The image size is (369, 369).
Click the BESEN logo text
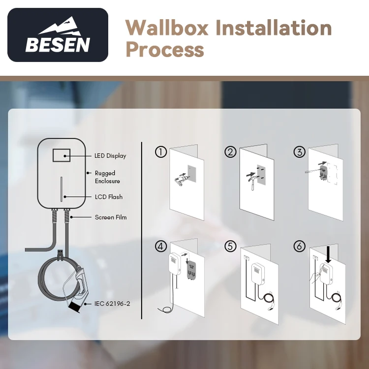coord(58,45)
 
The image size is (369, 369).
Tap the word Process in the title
coord(164,49)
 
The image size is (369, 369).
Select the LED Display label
coord(110,156)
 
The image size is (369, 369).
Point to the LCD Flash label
coord(108,197)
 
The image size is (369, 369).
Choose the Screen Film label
coord(110,217)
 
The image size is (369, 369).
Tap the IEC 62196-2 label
coord(112,304)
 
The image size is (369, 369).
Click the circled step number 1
coord(160,152)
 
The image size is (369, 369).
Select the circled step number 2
coord(230,152)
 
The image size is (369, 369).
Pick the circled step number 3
coord(299,152)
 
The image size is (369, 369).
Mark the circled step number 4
coord(160,246)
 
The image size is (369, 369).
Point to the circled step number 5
coord(230,246)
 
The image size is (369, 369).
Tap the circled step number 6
coord(299,246)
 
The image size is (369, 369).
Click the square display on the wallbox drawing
coord(61,155)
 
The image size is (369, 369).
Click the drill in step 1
coord(179,179)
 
